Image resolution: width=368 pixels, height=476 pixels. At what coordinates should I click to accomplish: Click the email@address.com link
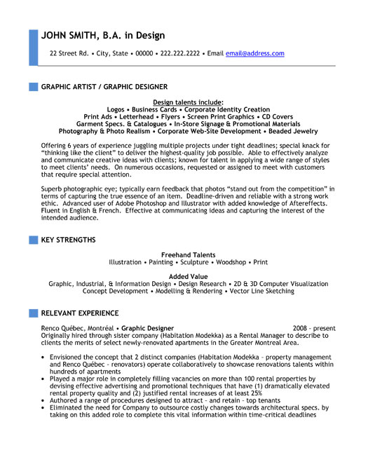tap(254, 53)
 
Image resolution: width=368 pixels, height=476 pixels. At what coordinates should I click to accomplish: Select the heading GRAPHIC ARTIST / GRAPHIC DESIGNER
tap(104, 87)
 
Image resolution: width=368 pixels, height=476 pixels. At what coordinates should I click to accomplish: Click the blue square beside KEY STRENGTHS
tap(33, 240)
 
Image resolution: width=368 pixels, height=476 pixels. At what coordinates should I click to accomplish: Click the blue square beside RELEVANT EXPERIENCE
tap(33, 313)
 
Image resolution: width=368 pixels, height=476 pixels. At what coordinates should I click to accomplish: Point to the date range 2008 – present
tap(314, 328)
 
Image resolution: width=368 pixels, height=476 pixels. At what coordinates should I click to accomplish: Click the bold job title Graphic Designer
tap(149, 328)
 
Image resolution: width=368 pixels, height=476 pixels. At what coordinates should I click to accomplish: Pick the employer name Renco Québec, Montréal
tap(77, 328)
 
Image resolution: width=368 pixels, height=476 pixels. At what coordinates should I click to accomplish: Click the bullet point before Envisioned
tap(44, 358)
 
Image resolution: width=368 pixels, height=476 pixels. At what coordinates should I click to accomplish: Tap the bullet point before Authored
tap(44, 401)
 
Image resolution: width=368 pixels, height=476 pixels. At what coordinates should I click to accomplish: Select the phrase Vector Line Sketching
tap(261, 291)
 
